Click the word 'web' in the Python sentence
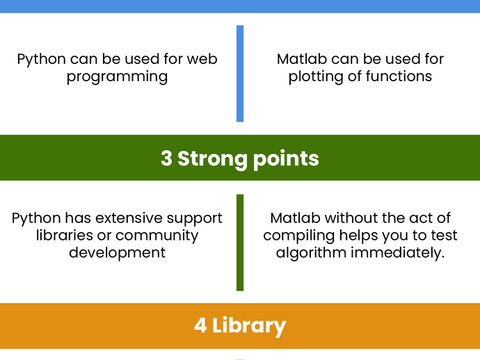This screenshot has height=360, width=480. point(202,59)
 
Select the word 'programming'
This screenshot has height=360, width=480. point(118,76)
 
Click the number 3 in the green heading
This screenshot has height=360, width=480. point(166,158)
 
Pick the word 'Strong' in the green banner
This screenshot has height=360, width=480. point(213,159)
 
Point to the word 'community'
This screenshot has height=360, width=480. point(157,236)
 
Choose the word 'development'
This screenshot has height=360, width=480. point(118,253)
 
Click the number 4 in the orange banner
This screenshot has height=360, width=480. point(200,325)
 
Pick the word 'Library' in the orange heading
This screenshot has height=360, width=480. point(249,327)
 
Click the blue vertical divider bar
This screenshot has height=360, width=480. point(240,74)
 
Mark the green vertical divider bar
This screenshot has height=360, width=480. point(240,243)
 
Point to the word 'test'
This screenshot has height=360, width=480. point(445,235)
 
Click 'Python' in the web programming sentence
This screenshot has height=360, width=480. point(41,60)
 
